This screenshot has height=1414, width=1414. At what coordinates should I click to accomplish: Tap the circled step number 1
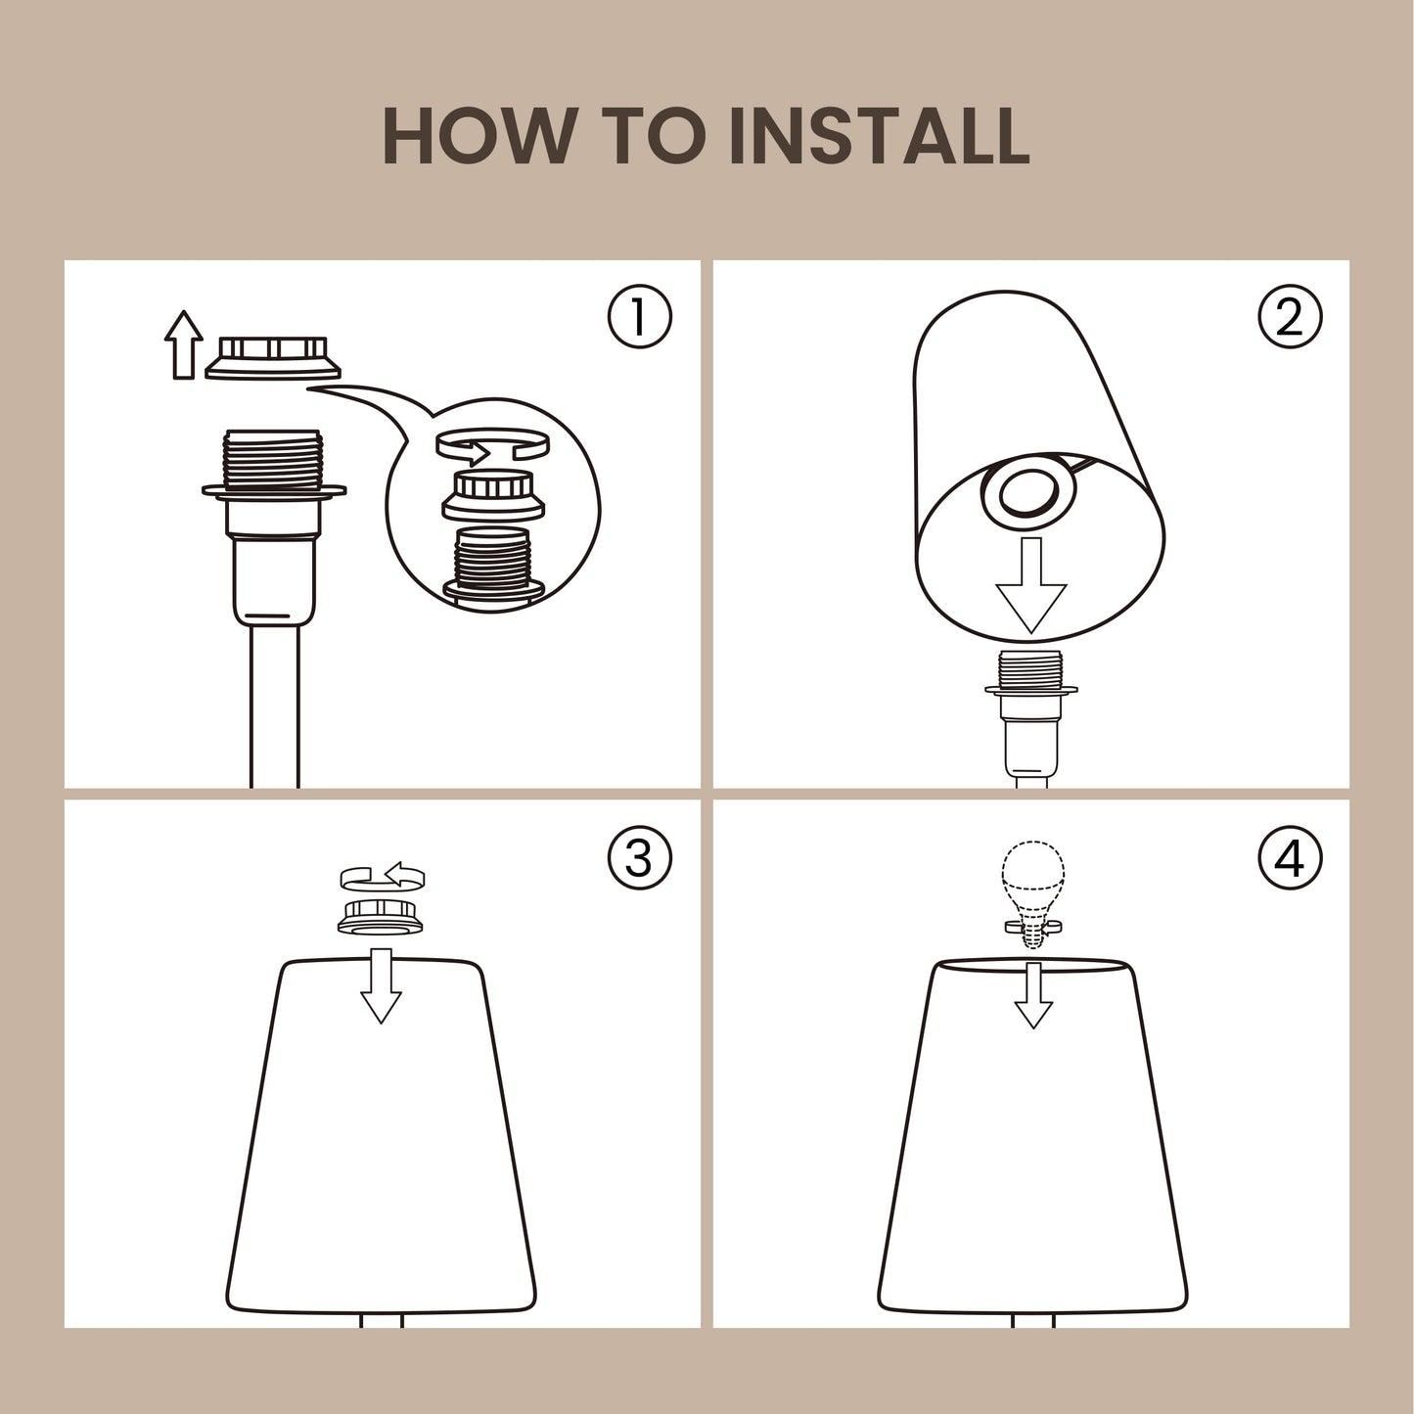[x=639, y=317]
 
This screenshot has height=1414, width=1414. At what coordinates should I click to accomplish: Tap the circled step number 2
[x=1290, y=317]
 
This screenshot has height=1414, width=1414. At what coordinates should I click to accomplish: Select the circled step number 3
[x=639, y=857]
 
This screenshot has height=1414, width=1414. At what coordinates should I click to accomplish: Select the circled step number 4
[x=1290, y=857]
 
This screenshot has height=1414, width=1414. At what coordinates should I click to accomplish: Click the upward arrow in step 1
[x=183, y=344]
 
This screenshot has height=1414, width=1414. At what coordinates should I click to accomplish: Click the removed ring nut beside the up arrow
[x=272, y=358]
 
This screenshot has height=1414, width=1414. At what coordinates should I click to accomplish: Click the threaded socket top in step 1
[x=272, y=460]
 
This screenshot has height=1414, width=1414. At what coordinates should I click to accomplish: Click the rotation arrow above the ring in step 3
[x=383, y=876]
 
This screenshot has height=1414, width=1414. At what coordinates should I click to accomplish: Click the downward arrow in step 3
[x=381, y=985]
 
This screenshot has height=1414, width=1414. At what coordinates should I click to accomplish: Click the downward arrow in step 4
[x=1033, y=994]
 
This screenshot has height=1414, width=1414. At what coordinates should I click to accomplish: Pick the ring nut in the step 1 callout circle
[x=492, y=494]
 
